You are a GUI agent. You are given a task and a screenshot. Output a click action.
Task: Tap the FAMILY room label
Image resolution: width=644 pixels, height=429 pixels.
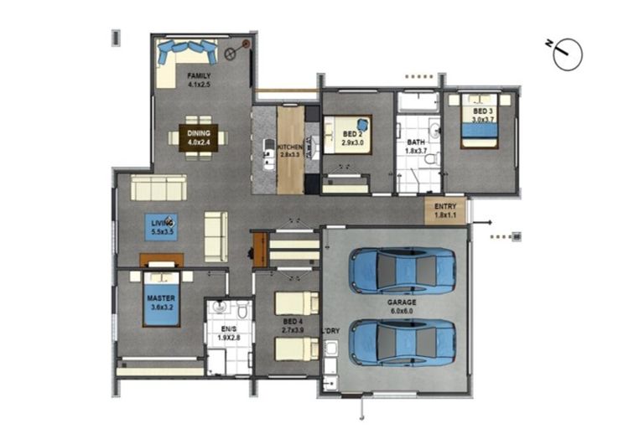click(198, 75)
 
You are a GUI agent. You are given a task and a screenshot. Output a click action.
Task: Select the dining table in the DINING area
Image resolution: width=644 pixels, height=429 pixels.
click(198, 136)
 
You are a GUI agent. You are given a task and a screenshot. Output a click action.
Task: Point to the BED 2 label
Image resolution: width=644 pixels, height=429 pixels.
click(352, 134)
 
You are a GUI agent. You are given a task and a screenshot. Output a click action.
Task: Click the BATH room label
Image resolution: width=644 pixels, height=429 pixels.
click(416, 142)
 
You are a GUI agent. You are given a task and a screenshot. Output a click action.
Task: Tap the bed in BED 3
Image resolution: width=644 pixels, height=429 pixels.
click(480, 126)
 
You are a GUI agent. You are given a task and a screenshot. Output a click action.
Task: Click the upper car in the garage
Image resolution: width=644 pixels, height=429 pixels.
click(402, 270)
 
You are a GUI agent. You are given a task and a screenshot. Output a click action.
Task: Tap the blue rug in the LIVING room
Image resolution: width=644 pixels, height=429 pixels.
click(161, 225)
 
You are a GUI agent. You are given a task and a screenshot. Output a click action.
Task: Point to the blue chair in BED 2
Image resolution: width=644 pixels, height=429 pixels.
click(361, 124)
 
